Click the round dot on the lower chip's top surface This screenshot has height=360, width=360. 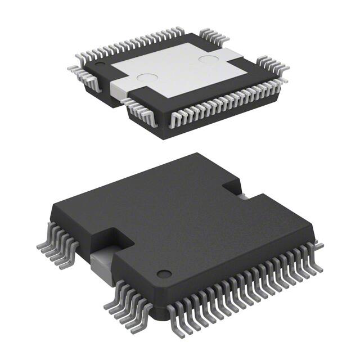(164, 274)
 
